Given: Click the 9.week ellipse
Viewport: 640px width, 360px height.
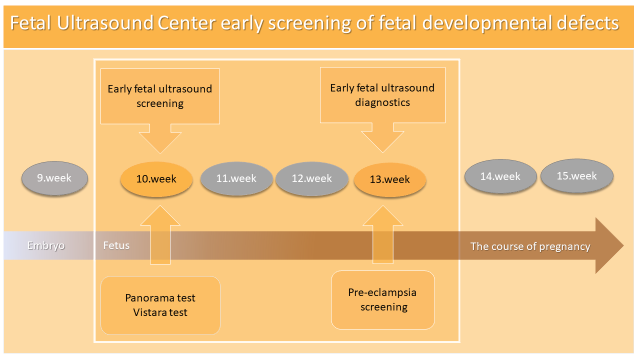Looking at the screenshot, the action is click(x=54, y=178).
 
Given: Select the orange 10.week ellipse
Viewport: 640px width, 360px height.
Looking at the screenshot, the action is click(x=156, y=179).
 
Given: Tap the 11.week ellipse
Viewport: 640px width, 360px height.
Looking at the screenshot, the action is click(x=236, y=178).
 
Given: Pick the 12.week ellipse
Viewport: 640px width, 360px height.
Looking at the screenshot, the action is click(x=311, y=178).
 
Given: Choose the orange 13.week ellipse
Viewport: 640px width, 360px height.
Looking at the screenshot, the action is click(x=389, y=179).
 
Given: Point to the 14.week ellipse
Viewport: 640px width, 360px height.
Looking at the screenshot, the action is click(x=500, y=176).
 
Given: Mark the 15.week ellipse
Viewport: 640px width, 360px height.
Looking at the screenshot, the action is click(x=577, y=175).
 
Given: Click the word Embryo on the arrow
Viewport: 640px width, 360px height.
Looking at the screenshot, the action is click(x=46, y=245).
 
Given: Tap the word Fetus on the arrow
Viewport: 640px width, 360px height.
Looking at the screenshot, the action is click(x=116, y=245).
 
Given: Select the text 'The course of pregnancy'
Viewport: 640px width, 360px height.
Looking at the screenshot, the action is click(x=530, y=246).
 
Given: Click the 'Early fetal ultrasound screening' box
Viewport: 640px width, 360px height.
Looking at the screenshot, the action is click(x=160, y=96).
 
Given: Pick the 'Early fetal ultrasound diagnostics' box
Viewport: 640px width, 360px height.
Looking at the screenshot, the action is click(x=382, y=95).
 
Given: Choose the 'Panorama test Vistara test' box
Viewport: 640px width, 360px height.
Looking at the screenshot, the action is click(x=160, y=305).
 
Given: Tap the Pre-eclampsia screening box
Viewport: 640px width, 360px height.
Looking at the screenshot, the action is click(x=383, y=299).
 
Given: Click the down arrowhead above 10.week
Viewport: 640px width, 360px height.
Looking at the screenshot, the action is click(x=160, y=143).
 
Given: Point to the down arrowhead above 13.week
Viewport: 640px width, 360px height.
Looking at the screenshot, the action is click(x=382, y=141).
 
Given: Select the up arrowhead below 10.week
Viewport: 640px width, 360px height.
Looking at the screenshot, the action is click(x=160, y=215).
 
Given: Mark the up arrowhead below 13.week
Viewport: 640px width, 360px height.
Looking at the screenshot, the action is click(x=383, y=215).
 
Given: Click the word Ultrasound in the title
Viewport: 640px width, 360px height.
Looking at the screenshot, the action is click(x=105, y=23).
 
